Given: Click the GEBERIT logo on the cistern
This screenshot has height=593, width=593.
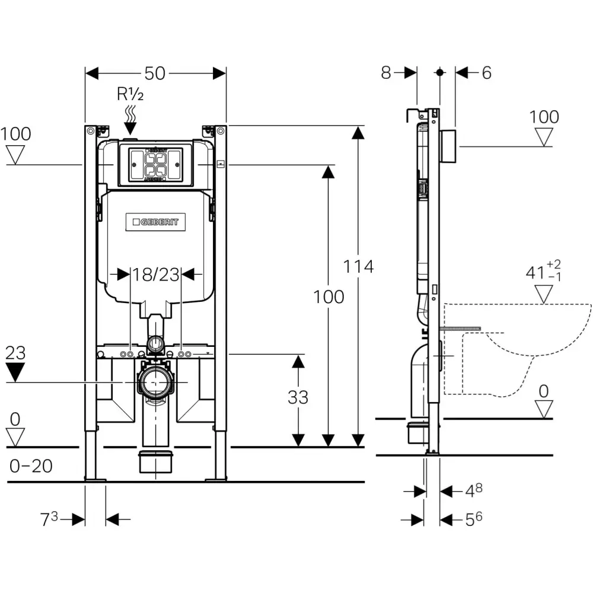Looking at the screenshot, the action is (155, 222).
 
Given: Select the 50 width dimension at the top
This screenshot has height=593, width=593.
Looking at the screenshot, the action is (155, 74).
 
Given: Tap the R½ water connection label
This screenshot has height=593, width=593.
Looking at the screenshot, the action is (130, 94).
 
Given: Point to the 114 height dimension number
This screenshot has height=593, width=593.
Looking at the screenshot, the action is (358, 267).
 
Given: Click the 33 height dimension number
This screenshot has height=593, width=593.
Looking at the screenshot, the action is (298, 397).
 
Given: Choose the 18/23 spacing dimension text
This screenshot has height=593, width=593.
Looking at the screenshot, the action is (156, 275).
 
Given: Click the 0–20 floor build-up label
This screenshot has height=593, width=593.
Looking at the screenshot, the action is (31, 466).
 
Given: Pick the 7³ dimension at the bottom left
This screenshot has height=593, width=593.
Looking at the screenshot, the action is (49, 519).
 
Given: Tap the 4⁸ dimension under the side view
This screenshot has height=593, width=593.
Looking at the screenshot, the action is (474, 491).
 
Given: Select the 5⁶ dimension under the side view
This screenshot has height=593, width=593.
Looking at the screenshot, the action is (474, 519).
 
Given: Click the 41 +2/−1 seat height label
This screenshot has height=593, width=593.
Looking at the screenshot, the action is (543, 271).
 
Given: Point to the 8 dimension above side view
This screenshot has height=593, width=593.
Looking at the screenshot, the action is (386, 72).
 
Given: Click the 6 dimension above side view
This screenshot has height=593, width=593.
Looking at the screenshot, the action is (487, 72).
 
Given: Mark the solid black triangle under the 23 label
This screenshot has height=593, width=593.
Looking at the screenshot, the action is (15, 372).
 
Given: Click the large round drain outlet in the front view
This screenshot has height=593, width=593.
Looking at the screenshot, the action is (155, 382).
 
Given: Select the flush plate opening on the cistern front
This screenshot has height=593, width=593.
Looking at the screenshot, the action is (156, 165).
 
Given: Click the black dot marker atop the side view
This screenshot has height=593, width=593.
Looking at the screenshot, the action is (439, 72).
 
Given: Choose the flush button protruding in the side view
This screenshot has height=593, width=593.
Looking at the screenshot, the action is (448, 146).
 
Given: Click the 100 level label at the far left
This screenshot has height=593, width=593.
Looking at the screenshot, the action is (16, 134).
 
